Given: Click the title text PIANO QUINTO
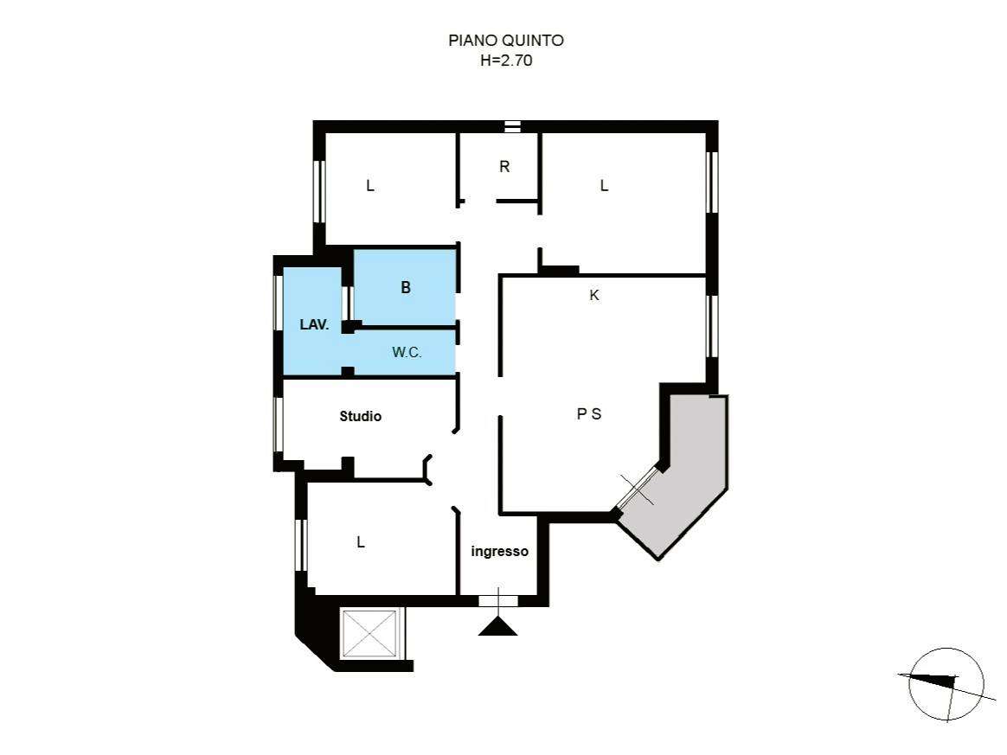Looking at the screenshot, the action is click(506, 41).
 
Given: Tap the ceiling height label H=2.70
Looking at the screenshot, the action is click(506, 61).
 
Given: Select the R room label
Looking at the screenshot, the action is click(504, 167).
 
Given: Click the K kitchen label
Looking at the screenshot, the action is click(594, 295).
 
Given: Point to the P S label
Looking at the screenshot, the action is click(589, 414).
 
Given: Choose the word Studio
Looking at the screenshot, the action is click(360, 416).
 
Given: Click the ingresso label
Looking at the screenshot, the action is click(500, 552).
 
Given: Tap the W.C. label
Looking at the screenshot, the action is click(407, 353).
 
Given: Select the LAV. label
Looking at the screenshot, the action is click(314, 325).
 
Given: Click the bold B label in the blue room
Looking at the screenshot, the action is click(405, 288).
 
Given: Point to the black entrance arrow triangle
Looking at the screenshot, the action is click(497, 627).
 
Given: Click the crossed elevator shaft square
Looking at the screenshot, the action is click(370, 634).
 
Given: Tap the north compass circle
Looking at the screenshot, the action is click(946, 683).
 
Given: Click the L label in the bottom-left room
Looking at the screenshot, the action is click(361, 542).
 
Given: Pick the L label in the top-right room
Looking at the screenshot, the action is click(604, 186).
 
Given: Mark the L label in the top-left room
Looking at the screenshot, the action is click(370, 186).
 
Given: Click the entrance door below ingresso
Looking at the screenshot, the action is click(498, 601).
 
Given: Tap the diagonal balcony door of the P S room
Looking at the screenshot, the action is click(637, 489).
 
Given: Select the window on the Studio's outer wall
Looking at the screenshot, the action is click(278, 425).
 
